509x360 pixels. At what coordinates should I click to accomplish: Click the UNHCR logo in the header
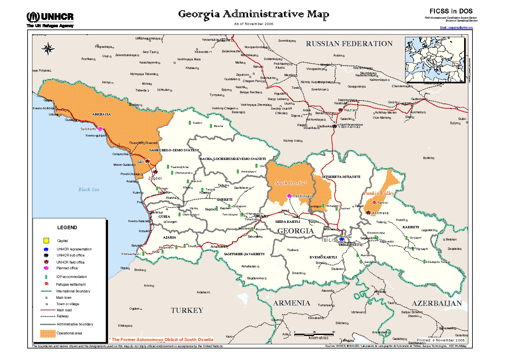click(50, 19)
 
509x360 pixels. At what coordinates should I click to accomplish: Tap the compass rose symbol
click(48, 49)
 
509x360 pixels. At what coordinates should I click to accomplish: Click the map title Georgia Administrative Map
click(254, 14)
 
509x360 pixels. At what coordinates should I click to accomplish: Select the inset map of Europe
click(435, 60)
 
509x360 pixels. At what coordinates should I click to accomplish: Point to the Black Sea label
click(89, 189)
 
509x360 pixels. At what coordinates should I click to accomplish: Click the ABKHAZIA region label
click(102, 114)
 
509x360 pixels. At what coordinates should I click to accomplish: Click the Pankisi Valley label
click(379, 193)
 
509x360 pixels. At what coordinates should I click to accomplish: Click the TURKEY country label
click(187, 310)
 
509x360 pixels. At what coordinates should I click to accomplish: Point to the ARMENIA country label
click(291, 303)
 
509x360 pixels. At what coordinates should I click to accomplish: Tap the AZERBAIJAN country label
click(437, 303)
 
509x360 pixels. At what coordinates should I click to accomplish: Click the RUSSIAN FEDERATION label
click(349, 44)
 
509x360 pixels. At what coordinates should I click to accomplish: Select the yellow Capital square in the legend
click(46, 240)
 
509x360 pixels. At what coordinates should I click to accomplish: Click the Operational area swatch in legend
click(48, 333)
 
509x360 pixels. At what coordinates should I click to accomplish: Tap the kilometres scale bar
click(314, 335)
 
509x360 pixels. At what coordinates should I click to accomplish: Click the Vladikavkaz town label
click(349, 127)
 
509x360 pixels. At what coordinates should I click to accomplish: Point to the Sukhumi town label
click(88, 129)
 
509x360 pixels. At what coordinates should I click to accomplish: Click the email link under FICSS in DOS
click(456, 28)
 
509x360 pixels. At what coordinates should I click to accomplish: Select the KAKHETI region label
click(411, 227)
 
